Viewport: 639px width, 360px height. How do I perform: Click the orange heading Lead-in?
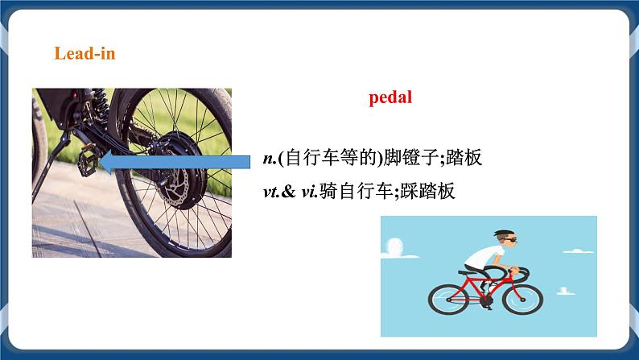pos(85,53)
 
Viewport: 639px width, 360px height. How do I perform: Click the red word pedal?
pos(390,98)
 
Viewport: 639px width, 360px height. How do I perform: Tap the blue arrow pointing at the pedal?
pos(176,163)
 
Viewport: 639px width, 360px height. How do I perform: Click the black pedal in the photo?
pos(89,165)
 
